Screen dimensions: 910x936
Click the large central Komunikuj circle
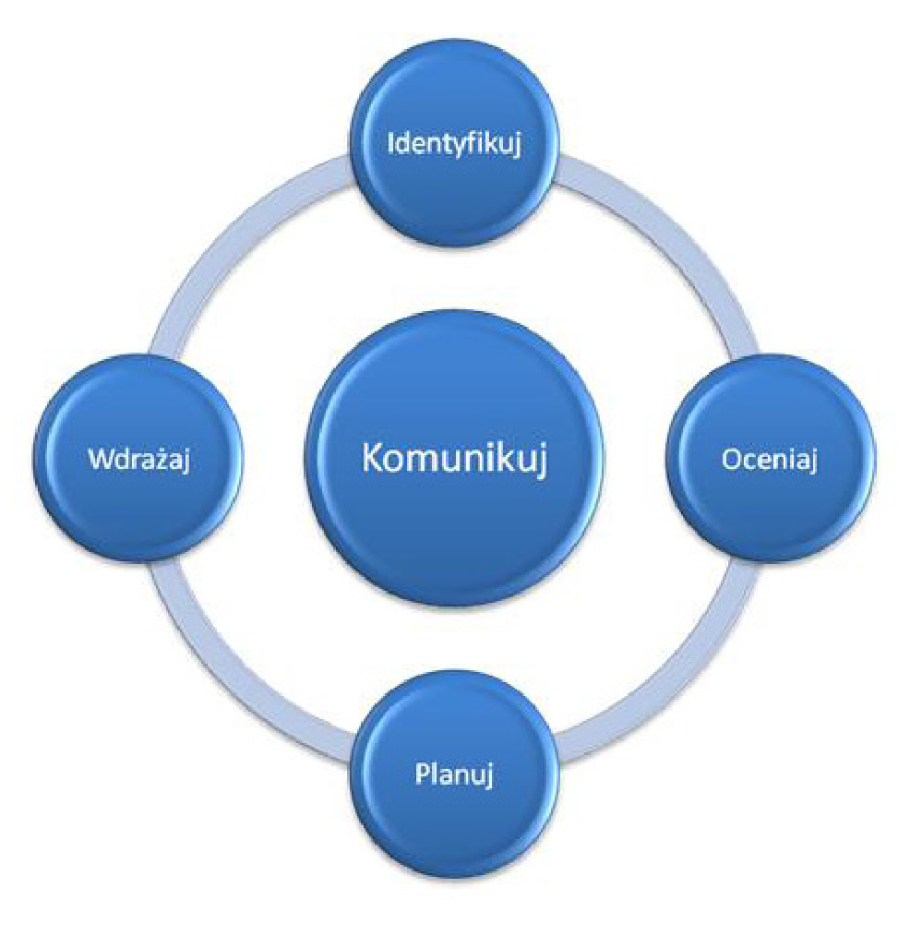click(455, 459)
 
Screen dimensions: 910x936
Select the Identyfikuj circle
click(455, 143)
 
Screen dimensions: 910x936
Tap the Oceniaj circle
click(771, 459)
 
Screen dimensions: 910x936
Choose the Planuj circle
click(455, 774)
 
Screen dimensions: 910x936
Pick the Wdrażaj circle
click(139, 459)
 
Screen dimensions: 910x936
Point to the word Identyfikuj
click(455, 144)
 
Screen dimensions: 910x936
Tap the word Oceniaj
click(770, 460)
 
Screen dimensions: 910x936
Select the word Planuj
click(454, 774)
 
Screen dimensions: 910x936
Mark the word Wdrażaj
click(139, 460)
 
